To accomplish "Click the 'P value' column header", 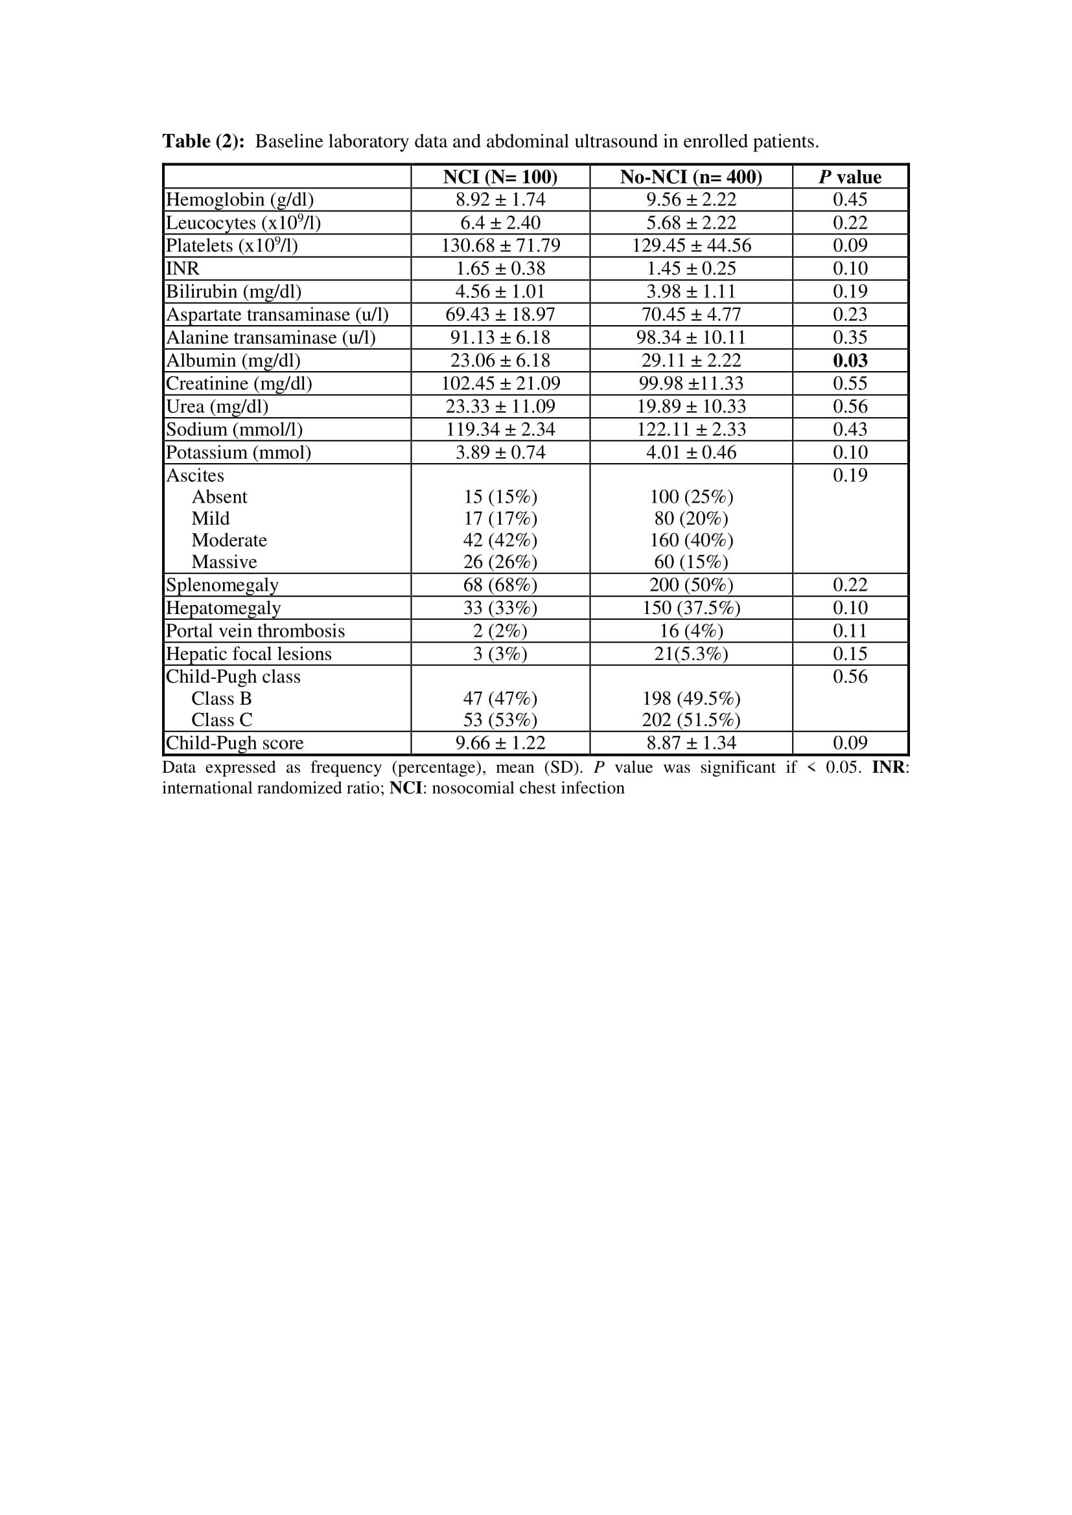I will tap(850, 177).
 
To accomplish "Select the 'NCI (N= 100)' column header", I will tap(500, 177).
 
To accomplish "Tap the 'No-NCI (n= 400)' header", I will tap(690, 177).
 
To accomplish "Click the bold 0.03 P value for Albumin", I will tap(850, 360).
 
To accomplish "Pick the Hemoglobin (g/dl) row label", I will tap(240, 199).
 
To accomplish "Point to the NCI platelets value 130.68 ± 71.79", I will tap(500, 245).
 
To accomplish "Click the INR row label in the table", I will tap(183, 269).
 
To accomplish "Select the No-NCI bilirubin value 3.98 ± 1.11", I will tap(690, 291).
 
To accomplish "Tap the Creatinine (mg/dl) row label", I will tap(239, 383).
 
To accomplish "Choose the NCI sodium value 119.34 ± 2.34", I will tap(500, 429).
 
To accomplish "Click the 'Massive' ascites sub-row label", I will tap(224, 562).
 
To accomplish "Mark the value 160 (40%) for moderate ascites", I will tap(691, 540).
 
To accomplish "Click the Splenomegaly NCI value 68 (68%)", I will tap(500, 586).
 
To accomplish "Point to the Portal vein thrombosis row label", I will tap(255, 631).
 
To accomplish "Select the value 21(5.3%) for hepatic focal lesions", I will tap(691, 654).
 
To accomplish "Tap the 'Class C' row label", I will tap(222, 720).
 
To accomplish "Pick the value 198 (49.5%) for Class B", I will tap(691, 699).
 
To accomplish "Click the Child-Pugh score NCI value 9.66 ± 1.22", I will tap(500, 743).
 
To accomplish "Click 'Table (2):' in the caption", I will tap(204, 141).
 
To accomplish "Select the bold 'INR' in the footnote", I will tap(888, 768).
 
